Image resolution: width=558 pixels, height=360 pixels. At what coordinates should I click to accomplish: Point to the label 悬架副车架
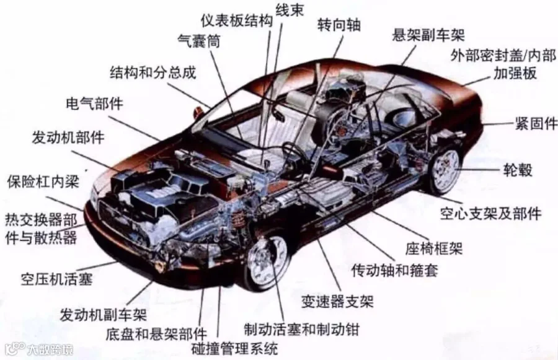(428, 34)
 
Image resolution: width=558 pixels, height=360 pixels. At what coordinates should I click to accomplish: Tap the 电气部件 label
(94, 103)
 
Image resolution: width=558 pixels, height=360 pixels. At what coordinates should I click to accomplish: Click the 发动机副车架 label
(103, 314)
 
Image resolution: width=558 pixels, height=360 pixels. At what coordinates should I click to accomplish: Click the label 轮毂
(519, 169)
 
